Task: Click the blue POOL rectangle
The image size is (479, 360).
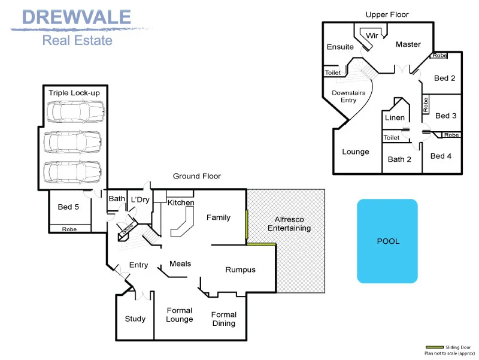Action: (x=387, y=241)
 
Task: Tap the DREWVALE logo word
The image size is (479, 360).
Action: (x=77, y=17)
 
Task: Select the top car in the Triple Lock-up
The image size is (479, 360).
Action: (x=75, y=112)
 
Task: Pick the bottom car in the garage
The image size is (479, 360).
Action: (x=72, y=172)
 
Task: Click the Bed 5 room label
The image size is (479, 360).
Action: (x=68, y=207)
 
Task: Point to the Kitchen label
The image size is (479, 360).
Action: (x=181, y=202)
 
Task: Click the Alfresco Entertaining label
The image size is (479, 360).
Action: (x=289, y=223)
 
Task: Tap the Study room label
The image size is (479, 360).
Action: (x=135, y=319)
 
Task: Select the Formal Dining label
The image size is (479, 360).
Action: (x=223, y=319)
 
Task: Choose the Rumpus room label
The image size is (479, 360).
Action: (x=241, y=270)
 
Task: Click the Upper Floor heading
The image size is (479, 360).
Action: (x=387, y=14)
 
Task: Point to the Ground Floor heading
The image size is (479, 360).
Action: (x=197, y=176)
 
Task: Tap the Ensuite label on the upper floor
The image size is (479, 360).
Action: (x=340, y=47)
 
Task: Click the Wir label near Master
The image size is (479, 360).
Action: (x=372, y=36)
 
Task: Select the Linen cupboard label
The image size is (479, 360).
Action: (x=395, y=117)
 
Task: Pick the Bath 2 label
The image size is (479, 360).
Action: (x=399, y=159)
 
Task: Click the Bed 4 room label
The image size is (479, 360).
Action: (x=441, y=156)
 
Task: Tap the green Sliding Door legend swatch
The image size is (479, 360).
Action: (x=435, y=347)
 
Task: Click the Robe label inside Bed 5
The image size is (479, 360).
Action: (x=69, y=229)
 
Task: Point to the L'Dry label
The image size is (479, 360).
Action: (x=140, y=199)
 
